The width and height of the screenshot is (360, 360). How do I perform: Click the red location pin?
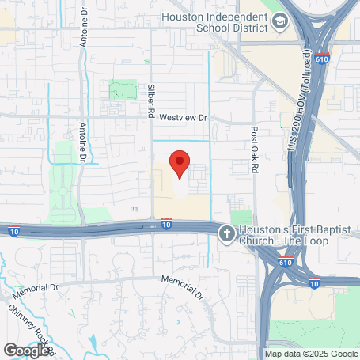(180, 163)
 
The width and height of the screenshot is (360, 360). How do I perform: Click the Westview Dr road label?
(182, 117)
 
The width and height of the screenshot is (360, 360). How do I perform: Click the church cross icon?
(226, 233)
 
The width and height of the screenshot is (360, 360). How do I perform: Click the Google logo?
(26, 350)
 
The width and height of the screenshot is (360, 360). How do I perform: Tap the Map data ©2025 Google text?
(311, 354)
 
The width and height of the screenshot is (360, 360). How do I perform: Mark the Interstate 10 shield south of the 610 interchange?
(314, 282)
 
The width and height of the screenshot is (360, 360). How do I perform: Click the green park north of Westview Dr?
(123, 89)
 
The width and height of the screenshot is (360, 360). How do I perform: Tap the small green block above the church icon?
(240, 216)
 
